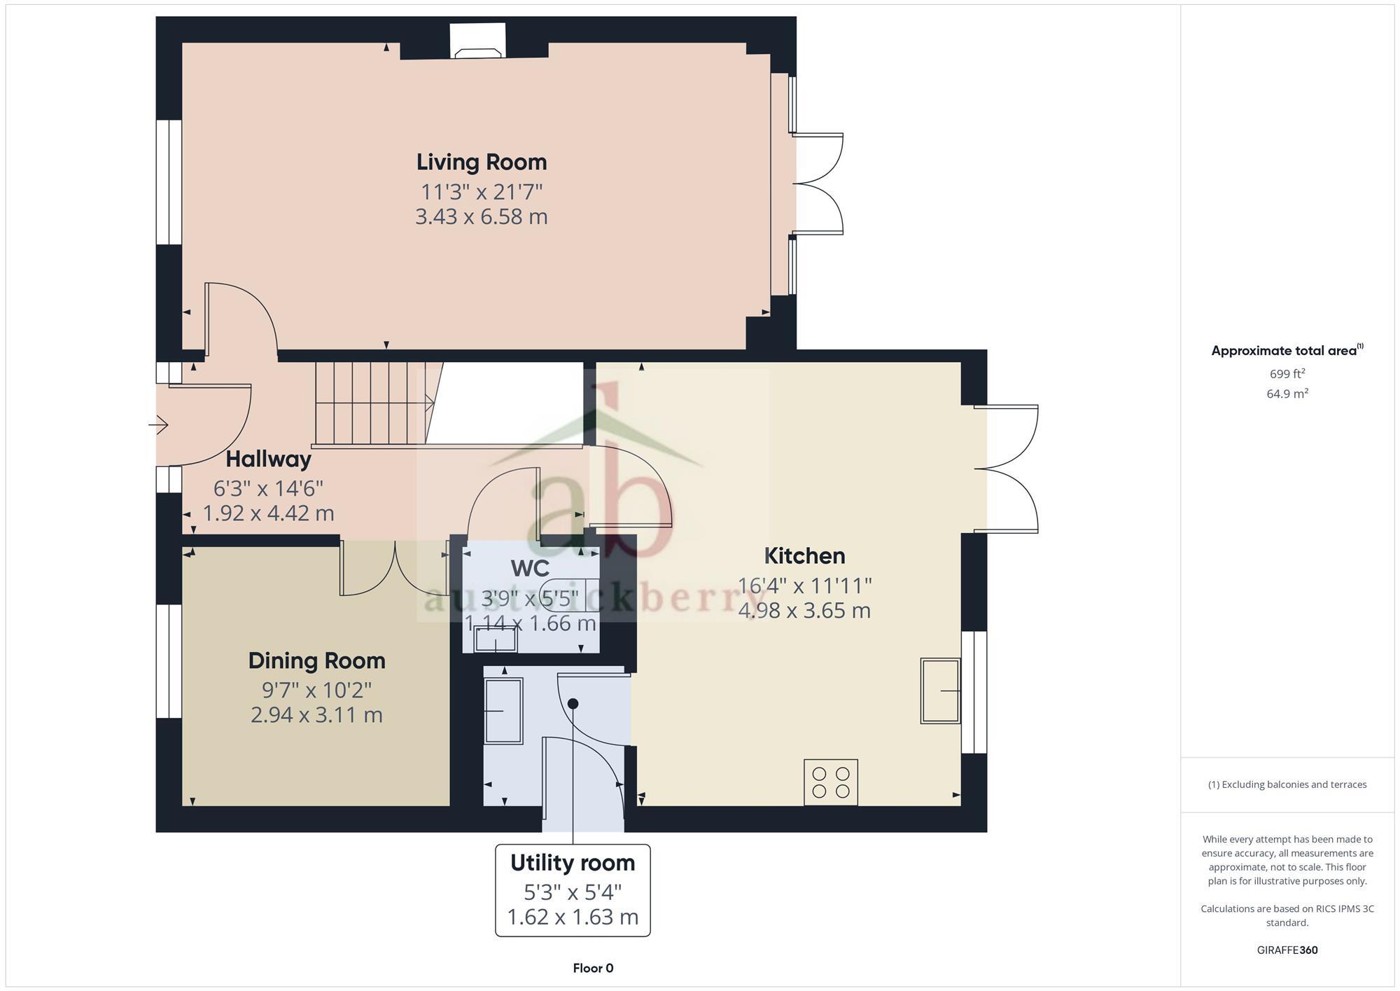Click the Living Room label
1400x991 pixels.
(482, 162)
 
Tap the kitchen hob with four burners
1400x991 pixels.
(831, 782)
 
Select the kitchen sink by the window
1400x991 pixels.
(940, 691)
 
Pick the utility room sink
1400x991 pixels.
(503, 711)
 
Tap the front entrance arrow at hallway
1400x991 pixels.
(159, 424)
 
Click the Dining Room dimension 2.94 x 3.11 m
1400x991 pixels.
(316, 715)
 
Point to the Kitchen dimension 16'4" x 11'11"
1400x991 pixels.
(804, 585)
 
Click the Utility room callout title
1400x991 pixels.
(573, 863)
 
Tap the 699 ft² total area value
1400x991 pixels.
(1287, 373)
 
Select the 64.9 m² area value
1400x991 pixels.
(1287, 394)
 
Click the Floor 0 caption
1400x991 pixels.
(593, 968)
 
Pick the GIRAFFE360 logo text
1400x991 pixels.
(1287, 950)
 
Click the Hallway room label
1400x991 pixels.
(268, 459)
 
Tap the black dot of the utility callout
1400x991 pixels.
(573, 703)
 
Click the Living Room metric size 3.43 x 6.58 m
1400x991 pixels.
(482, 216)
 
